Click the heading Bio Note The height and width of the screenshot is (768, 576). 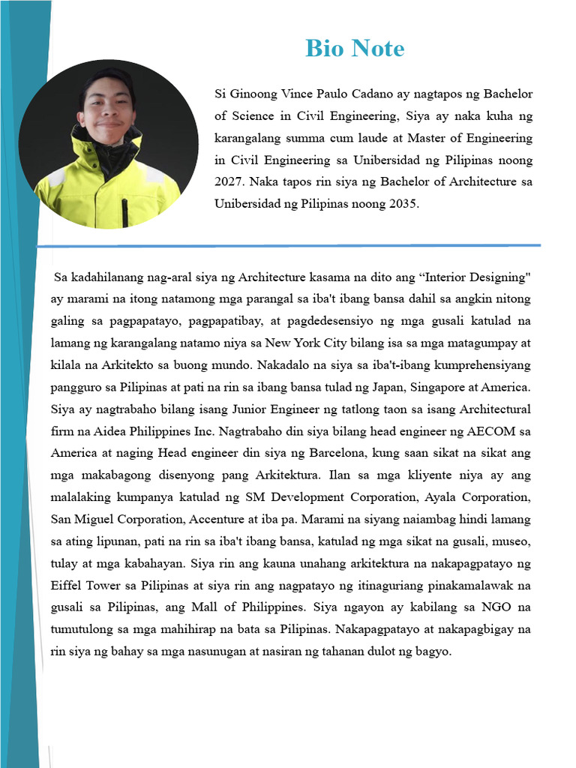pyautogui.click(x=355, y=49)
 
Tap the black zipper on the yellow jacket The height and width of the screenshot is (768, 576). pyautogui.click(x=124, y=210)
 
